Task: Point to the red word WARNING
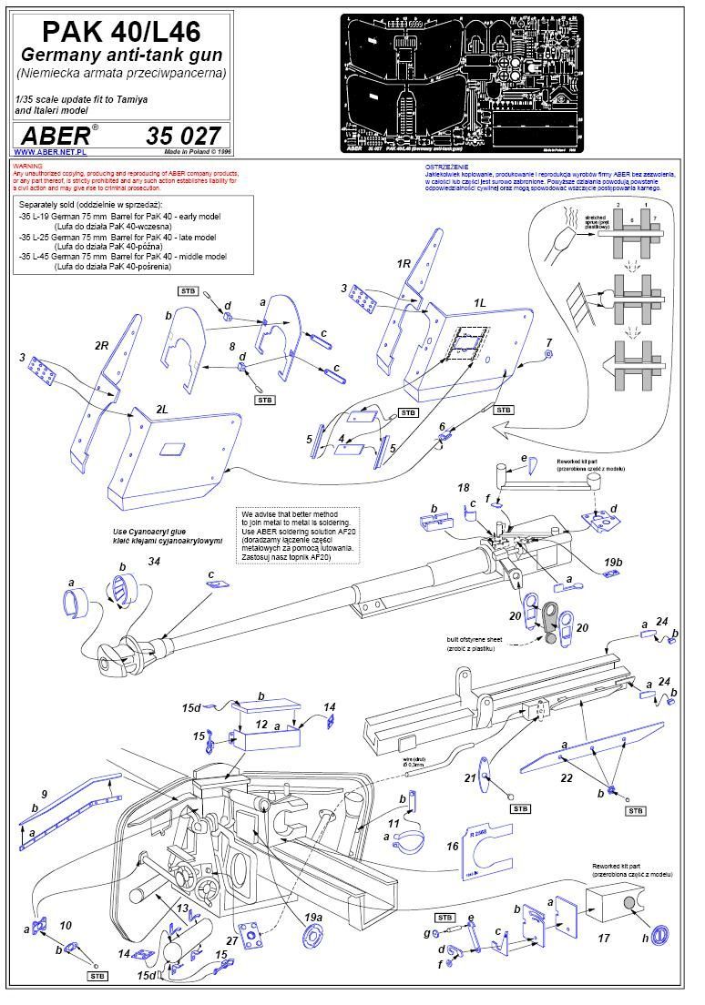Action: tap(26, 166)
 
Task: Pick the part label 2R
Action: tap(102, 347)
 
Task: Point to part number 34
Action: tap(154, 562)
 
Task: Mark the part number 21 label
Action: tap(471, 777)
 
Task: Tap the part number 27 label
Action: tap(231, 939)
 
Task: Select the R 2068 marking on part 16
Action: tap(478, 830)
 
